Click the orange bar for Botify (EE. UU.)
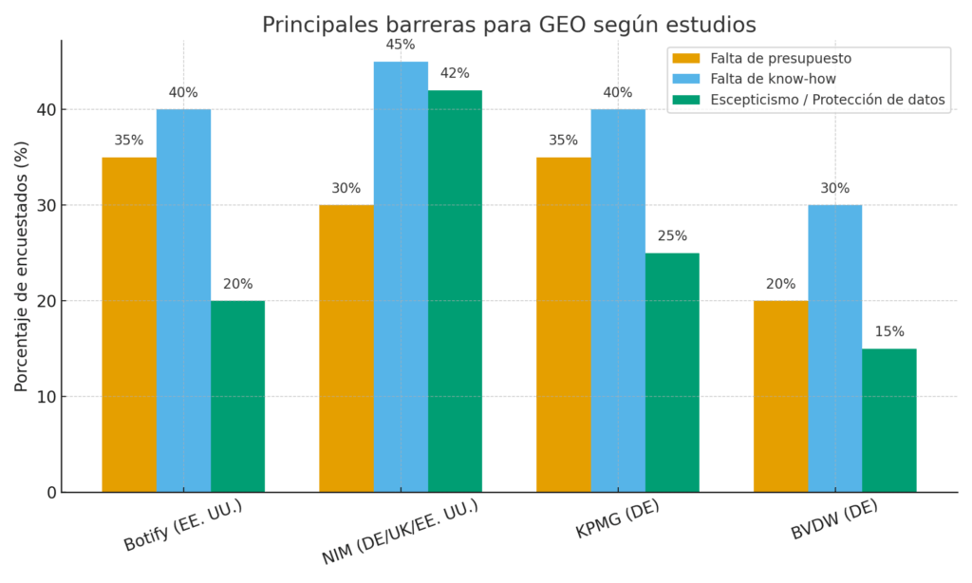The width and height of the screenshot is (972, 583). (x=129, y=325)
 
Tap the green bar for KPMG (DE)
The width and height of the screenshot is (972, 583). (x=672, y=372)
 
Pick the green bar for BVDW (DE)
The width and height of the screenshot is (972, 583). (x=889, y=420)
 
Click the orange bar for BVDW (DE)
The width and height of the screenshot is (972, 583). (x=780, y=396)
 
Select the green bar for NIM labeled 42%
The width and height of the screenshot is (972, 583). (x=455, y=291)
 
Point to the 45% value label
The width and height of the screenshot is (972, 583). (x=401, y=45)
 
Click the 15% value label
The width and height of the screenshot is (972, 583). (x=889, y=331)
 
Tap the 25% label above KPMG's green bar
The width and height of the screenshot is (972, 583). (x=672, y=235)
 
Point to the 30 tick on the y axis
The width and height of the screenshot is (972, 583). (x=44, y=206)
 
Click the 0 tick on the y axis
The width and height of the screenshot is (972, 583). (x=49, y=493)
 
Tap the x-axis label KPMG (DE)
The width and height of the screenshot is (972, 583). (x=617, y=520)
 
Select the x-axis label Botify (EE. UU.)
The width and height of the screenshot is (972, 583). (x=183, y=525)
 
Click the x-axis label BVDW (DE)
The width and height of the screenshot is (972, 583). (x=834, y=520)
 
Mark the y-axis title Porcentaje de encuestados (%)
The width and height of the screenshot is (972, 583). (x=21, y=266)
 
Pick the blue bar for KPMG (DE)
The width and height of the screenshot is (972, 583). (x=618, y=301)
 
